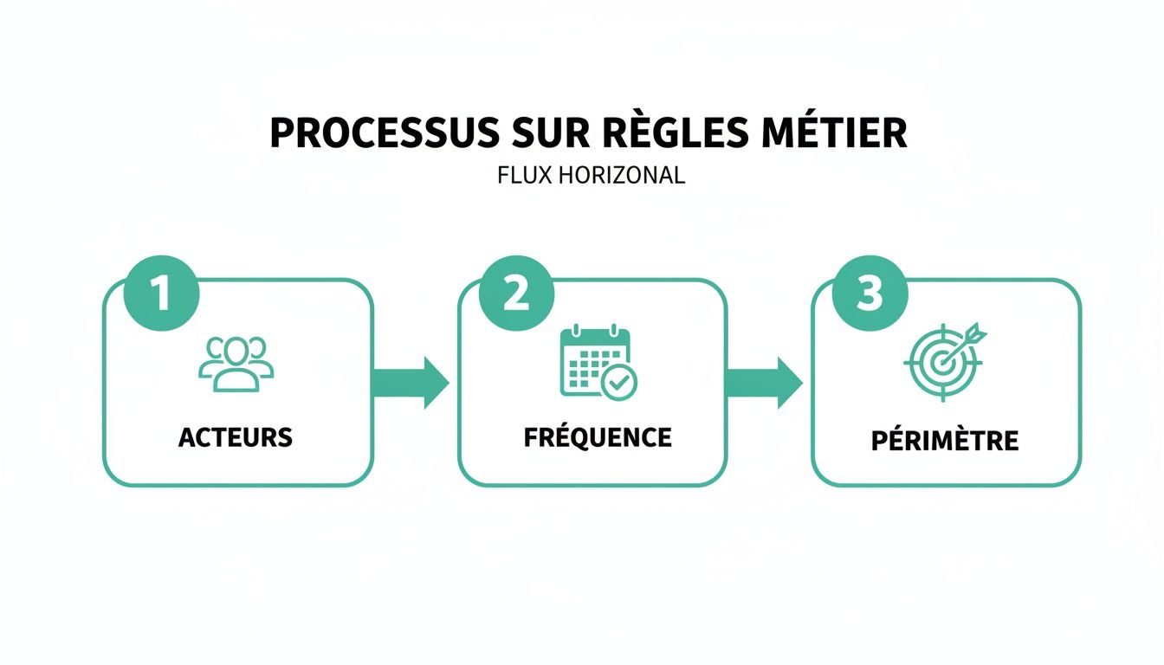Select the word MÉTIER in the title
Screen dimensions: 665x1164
[x=835, y=133]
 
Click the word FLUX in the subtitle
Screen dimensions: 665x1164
[x=522, y=176]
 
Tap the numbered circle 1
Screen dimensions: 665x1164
[x=162, y=294]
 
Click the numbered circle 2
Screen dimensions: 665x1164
[x=516, y=294]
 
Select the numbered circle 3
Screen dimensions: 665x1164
[x=870, y=294]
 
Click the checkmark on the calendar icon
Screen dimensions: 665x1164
[x=618, y=382]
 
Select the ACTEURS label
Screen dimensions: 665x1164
[x=236, y=437]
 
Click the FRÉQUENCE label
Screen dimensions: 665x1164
[x=598, y=437]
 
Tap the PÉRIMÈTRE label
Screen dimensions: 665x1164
[x=945, y=440]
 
